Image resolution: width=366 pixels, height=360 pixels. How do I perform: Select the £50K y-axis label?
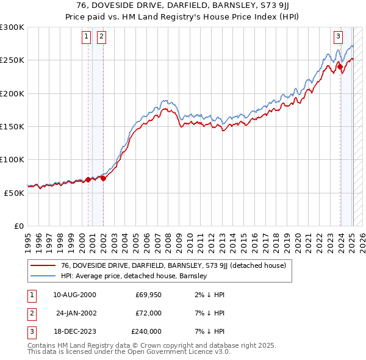pyautogui.click(x=15, y=192)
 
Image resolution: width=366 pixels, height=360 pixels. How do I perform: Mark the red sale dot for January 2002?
pyautogui.click(x=103, y=178)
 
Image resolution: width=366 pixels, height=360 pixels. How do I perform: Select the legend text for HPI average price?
pyautogui.click(x=134, y=276)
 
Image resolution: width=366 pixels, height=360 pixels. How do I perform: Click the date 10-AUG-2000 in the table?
pyautogui.click(x=74, y=295)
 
